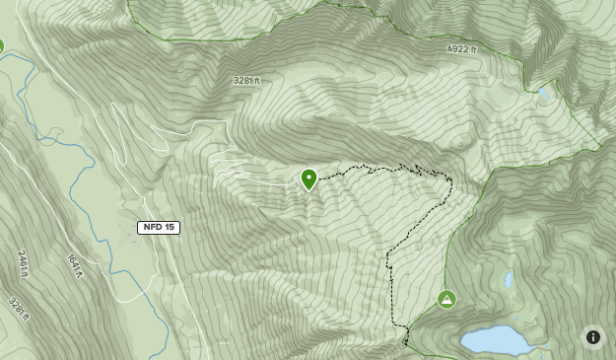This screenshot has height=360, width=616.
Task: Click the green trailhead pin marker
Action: tap(308, 179)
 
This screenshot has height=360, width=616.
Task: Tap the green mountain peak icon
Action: tap(446, 298)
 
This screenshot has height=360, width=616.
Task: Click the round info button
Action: tap(593, 336)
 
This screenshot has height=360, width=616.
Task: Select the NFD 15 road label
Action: tap(159, 227)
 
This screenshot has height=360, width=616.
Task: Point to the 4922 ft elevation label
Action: tap(460, 49)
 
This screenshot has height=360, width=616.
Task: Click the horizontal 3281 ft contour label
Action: tap(246, 81)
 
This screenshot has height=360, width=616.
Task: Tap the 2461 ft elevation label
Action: tap(22, 263)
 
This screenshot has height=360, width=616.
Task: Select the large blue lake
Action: tap(498, 340)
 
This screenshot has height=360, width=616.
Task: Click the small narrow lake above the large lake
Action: tap(509, 279)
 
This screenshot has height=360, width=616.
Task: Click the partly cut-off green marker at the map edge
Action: tap(1, 45)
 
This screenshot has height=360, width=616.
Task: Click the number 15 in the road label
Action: tap(170, 227)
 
